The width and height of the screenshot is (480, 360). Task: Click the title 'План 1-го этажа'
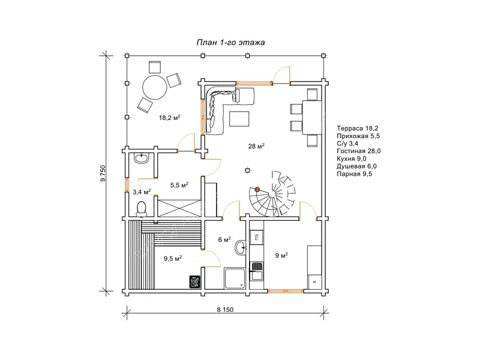click(230, 42)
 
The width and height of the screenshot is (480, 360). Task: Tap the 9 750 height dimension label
click(103, 173)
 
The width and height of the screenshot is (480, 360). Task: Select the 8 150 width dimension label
click(225, 310)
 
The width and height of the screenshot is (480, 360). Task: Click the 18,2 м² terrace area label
click(170, 117)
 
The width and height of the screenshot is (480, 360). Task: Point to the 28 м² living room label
click(256, 146)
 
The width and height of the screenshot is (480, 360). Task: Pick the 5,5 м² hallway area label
click(179, 185)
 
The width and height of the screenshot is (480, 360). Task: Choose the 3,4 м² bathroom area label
click(142, 192)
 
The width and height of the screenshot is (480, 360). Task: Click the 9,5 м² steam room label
click(173, 259)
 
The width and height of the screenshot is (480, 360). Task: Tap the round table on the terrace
click(155, 86)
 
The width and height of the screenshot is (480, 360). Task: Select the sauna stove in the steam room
click(194, 281)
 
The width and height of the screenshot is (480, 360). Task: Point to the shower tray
click(235, 278)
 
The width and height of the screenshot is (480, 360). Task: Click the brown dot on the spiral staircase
click(257, 190)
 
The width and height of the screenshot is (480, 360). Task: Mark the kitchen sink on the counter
click(256, 271)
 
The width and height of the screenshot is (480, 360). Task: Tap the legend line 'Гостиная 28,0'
click(358, 151)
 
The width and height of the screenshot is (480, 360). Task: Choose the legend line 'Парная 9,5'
click(355, 174)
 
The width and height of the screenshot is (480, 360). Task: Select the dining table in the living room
click(312, 117)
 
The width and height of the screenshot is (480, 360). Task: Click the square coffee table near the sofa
click(239, 119)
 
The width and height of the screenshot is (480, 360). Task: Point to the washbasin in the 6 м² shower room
click(241, 247)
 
